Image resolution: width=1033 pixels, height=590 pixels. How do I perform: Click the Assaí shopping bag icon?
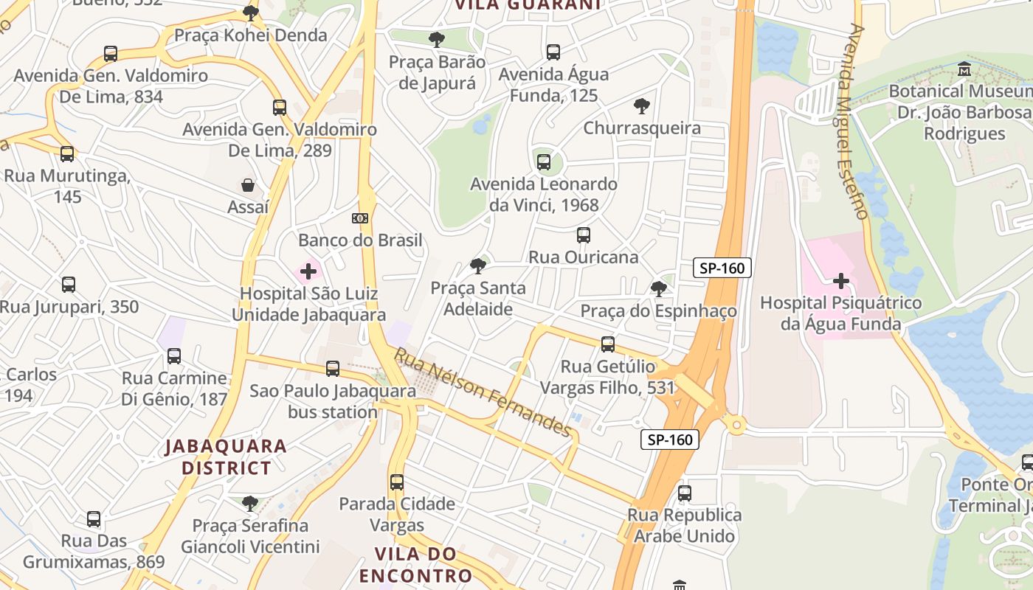click(x=247, y=184)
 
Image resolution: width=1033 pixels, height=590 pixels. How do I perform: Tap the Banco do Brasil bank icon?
click(x=360, y=218)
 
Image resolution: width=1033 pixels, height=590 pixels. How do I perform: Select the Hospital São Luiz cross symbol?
click(x=308, y=271)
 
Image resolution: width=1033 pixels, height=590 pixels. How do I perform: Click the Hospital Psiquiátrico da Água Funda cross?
click(x=840, y=281)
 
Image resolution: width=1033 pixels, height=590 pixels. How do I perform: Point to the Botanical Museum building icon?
click(x=964, y=69)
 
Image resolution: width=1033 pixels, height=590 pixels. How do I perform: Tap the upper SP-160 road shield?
click(x=722, y=268)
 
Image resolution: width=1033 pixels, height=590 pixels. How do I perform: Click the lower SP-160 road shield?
click(x=669, y=440)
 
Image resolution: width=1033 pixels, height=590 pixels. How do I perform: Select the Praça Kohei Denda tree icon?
click(x=251, y=13)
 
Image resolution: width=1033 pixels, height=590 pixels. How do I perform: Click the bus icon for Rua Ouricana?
click(x=583, y=235)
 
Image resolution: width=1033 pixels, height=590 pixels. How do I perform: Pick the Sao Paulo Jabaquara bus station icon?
click(x=333, y=368)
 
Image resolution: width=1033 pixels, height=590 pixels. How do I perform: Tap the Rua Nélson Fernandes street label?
click(x=483, y=392)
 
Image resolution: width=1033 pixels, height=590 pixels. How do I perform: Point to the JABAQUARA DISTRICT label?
click(x=226, y=457)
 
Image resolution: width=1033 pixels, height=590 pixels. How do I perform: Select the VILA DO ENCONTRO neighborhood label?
click(x=423, y=565)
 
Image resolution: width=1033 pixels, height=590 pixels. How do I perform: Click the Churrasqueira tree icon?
click(x=642, y=106)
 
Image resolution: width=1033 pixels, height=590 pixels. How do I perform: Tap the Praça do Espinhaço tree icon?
click(x=658, y=289)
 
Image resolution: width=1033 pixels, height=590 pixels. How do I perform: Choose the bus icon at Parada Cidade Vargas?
click(x=397, y=482)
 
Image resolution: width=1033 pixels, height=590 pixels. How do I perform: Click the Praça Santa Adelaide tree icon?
click(x=478, y=266)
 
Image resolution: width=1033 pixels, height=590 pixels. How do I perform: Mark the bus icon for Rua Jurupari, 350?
click(x=69, y=285)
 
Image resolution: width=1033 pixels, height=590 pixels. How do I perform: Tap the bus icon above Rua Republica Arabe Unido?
click(x=685, y=493)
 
